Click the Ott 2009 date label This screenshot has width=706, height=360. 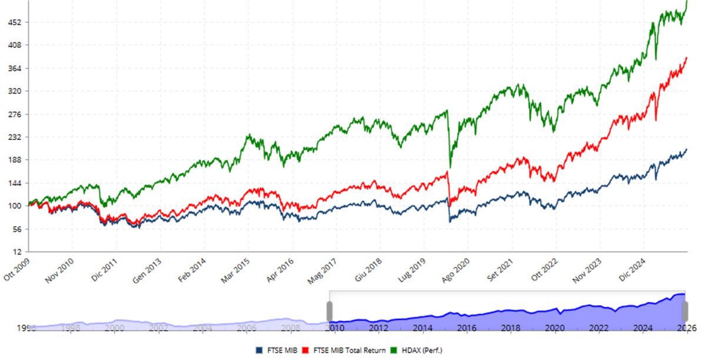pos(16,269)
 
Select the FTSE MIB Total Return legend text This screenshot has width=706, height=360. pos(349,351)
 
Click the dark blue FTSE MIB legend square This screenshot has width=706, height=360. pos(259,351)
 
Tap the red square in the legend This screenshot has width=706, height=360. pos(305,351)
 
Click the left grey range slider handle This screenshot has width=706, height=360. pos(330,311)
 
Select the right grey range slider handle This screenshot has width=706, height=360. pos(685,311)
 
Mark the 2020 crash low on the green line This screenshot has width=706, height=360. pos(451,167)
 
